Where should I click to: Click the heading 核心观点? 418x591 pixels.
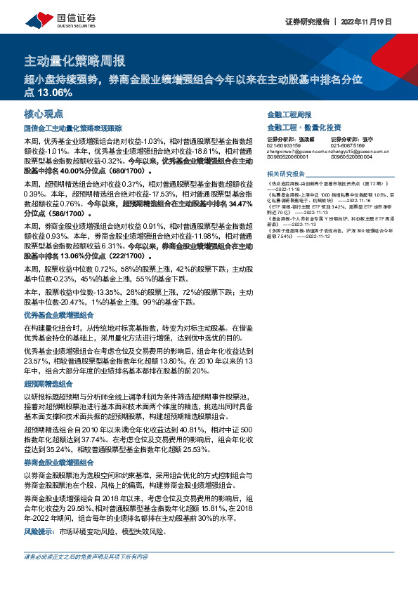[x=44, y=114]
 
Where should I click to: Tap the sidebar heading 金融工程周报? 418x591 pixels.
[x=289, y=114]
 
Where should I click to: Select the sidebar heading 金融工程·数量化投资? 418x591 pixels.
[x=304, y=127]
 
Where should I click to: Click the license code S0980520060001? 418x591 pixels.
[x=289, y=159]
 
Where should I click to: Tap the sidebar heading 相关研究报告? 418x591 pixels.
[x=286, y=173]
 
